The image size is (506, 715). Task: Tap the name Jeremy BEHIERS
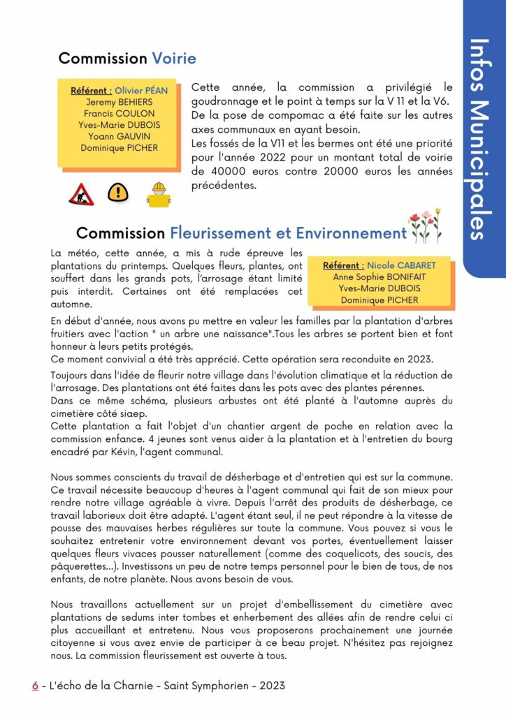[x=118, y=102]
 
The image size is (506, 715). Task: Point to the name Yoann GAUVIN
[x=118, y=137]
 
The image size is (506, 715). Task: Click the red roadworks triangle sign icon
[x=81, y=193]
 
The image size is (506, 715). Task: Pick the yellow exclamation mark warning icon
[x=118, y=192]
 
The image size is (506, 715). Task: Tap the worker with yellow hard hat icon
[x=159, y=194]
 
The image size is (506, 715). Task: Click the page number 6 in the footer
[x=35, y=686]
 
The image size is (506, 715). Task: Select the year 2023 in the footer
[x=271, y=686]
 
